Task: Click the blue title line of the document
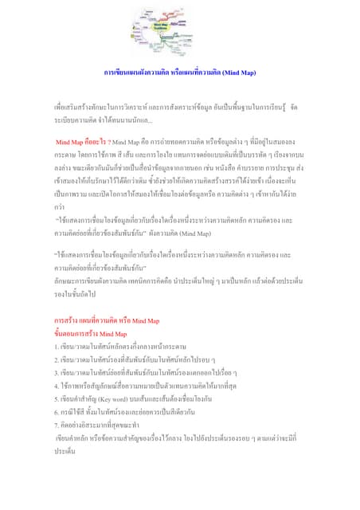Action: click(x=180, y=73)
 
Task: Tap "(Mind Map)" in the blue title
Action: click(x=238, y=73)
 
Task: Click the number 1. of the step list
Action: click(x=57, y=347)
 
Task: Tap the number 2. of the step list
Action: click(x=57, y=359)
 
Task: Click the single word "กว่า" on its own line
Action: click(x=60, y=204)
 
